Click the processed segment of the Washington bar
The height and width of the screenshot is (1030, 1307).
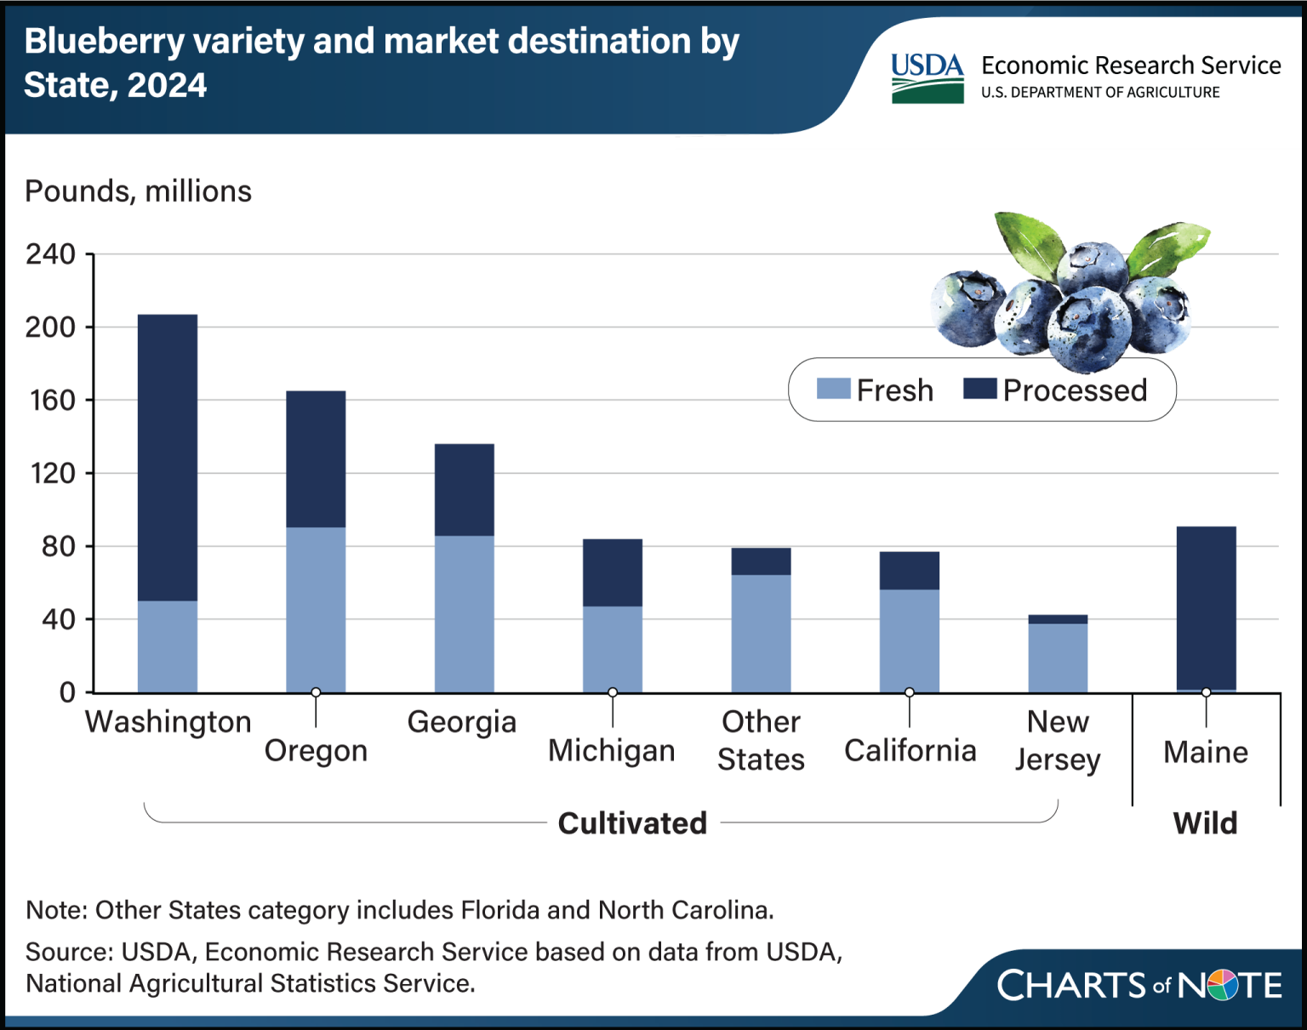pos(168,458)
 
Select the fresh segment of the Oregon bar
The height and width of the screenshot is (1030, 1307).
pos(316,610)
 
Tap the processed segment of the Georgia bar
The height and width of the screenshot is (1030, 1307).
pos(465,490)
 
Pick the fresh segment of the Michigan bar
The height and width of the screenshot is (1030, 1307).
pos(613,649)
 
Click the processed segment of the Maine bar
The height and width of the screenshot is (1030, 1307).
pos(1207,608)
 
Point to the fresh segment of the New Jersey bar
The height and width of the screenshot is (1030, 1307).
pos(1058,657)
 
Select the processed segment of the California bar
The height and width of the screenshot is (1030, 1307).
pos(909,570)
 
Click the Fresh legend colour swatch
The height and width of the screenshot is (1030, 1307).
pos(833,389)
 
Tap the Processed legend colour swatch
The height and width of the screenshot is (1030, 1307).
pos(979,389)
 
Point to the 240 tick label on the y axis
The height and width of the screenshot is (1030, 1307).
pos(50,253)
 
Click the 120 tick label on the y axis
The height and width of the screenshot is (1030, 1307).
pos(52,473)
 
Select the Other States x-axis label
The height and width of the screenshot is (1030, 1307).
pos(761,741)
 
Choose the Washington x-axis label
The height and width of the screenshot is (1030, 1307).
pos(168,723)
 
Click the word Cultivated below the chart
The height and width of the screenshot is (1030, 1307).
pos(633,823)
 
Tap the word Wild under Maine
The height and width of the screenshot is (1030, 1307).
pos(1206,823)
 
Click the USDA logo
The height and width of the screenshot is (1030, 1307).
pos(927,78)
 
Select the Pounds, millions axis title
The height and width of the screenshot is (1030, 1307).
pos(138,192)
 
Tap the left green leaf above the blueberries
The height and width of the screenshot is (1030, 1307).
pos(1030,243)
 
